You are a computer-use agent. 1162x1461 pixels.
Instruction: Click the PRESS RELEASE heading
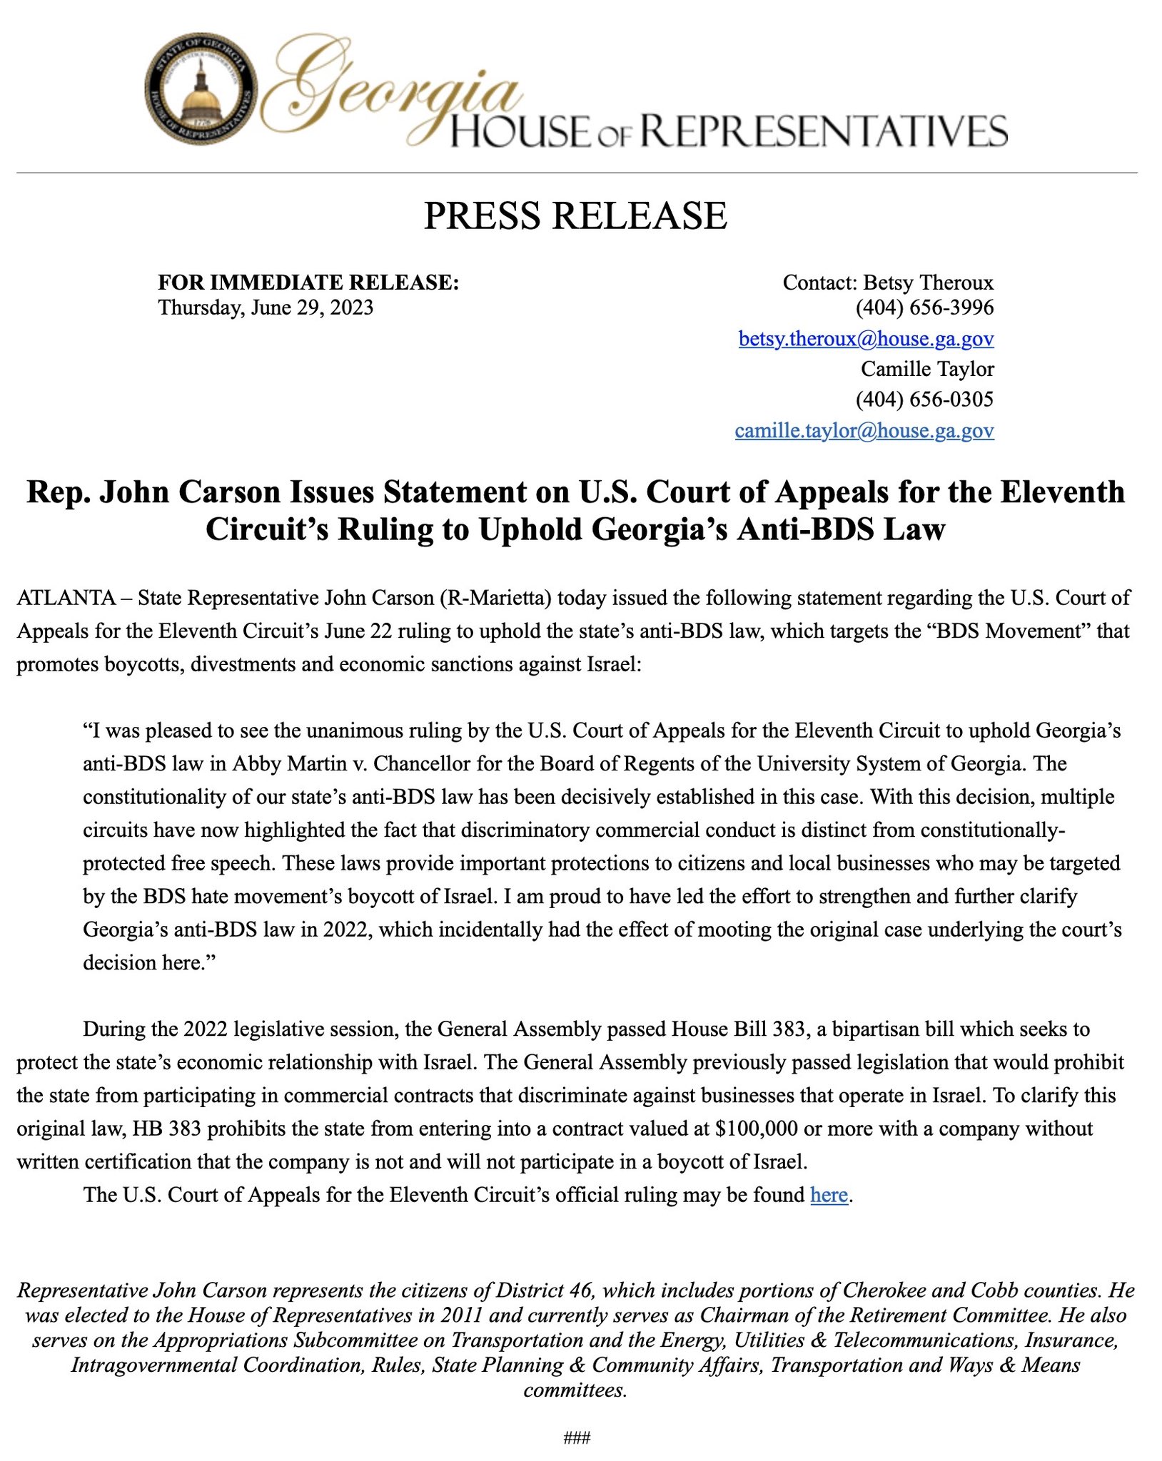(575, 216)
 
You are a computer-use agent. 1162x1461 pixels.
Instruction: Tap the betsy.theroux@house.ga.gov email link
(866, 339)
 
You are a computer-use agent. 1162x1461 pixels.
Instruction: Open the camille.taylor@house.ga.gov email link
(864, 431)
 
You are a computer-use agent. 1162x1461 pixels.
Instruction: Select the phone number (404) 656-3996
(924, 308)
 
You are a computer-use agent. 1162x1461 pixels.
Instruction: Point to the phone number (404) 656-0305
(924, 399)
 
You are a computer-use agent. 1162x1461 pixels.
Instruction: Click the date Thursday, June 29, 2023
(266, 308)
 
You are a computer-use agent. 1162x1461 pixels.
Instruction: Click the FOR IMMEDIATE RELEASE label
(308, 282)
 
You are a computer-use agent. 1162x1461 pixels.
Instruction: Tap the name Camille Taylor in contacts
(926, 369)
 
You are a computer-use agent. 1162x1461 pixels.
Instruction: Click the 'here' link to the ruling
(829, 1195)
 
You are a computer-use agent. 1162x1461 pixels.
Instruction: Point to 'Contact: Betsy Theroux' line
(887, 282)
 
